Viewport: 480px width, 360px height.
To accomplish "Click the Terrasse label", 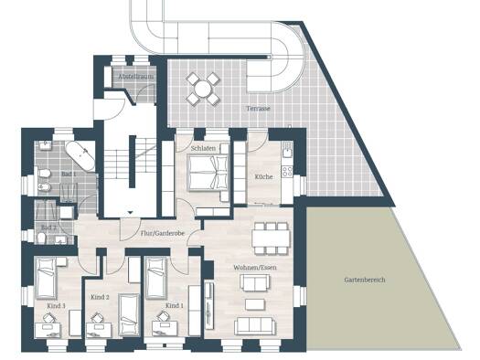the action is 258,109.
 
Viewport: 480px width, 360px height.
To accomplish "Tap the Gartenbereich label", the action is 365,280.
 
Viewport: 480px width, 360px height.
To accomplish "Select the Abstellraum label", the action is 136,77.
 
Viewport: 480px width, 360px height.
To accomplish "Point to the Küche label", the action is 263,176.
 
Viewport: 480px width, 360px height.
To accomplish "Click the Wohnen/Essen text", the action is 255,268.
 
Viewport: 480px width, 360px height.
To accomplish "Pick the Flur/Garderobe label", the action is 163,233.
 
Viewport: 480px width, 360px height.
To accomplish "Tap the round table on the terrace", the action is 203,89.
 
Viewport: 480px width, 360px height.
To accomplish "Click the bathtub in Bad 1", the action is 80,156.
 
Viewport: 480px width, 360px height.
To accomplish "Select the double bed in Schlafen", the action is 208,173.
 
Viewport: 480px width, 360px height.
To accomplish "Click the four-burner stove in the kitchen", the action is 287,172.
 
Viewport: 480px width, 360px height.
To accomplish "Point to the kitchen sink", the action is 287,151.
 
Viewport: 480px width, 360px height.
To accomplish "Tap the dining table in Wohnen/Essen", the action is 271,238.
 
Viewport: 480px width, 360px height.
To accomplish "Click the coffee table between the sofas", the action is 255,304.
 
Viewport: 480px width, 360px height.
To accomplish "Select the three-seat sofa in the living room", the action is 254,326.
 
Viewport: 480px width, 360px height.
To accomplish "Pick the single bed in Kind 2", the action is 129,315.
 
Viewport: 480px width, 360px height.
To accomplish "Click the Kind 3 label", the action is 56,306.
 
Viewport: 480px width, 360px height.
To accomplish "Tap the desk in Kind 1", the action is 165,329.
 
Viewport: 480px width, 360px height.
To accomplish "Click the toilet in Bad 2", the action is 42,238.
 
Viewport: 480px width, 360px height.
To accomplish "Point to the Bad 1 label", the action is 69,174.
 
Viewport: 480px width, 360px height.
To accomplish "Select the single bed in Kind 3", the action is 47,278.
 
